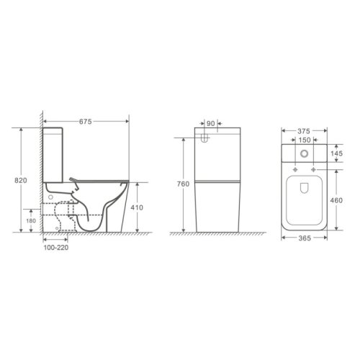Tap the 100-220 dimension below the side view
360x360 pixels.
tap(55, 246)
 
